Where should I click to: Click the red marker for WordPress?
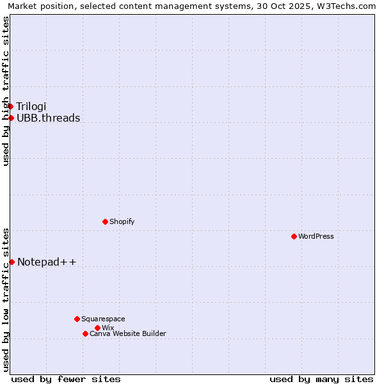point(294,236)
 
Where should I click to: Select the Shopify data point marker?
point(105,221)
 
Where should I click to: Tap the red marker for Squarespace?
point(77,319)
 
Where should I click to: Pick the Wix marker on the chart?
point(97,328)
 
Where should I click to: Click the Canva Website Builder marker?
point(85,333)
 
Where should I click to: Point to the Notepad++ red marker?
point(12,262)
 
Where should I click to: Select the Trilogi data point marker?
point(11,106)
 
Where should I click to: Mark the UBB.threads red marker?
point(11,118)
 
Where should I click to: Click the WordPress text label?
point(316,236)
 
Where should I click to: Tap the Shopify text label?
point(122,221)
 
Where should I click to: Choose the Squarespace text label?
point(103,319)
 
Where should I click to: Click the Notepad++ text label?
point(47,262)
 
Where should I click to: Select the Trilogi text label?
point(31,106)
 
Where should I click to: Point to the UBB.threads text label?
point(48,118)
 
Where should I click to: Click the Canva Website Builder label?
point(127,333)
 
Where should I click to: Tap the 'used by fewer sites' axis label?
point(66,379)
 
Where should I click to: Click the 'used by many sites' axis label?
point(321,379)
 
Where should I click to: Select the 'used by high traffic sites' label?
point(6,91)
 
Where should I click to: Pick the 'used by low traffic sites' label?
point(6,299)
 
